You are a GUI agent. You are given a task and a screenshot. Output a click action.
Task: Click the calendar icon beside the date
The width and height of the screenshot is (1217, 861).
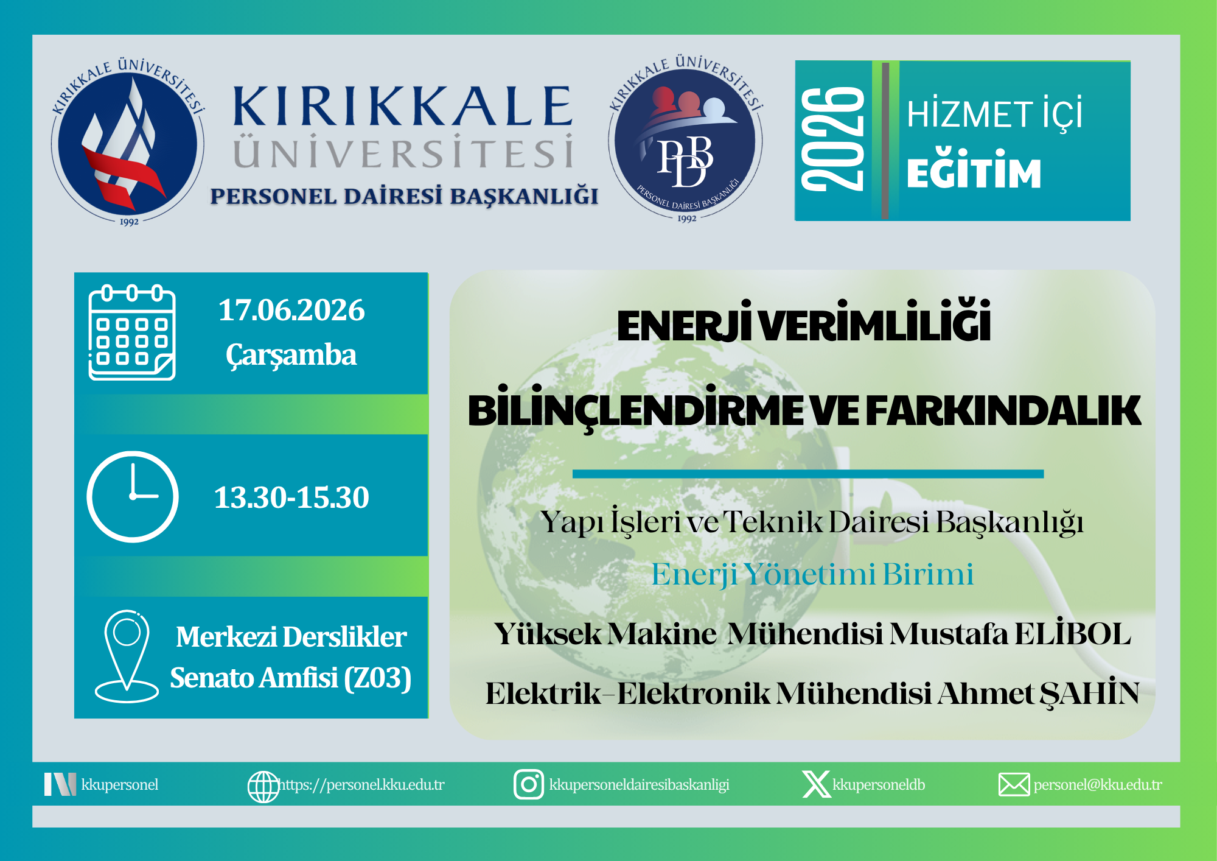pyautogui.click(x=132, y=332)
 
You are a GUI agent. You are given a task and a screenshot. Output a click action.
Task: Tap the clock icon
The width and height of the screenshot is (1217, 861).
pyautogui.click(x=133, y=496)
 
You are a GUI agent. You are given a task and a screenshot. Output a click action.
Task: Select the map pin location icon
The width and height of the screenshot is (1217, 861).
pyautogui.click(x=127, y=656)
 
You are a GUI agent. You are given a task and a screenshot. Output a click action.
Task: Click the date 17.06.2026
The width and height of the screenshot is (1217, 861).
pyautogui.click(x=291, y=310)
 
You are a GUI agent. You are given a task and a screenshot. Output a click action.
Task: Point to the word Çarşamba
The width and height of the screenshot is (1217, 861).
pyautogui.click(x=291, y=355)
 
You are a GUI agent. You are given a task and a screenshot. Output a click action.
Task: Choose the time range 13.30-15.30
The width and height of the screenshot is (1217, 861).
pyautogui.click(x=291, y=497)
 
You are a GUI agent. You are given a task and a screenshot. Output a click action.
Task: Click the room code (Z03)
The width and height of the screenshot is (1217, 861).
pyautogui.click(x=378, y=678)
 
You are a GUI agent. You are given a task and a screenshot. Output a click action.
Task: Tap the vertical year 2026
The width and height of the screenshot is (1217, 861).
pyautogui.click(x=832, y=139)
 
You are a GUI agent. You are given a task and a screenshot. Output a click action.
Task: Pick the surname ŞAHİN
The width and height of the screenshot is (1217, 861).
pyautogui.click(x=1089, y=693)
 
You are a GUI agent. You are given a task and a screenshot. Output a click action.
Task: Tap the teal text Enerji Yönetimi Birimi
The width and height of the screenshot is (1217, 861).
pyautogui.click(x=812, y=574)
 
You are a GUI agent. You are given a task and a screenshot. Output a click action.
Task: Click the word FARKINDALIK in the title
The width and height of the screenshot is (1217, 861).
pyautogui.click(x=1003, y=411)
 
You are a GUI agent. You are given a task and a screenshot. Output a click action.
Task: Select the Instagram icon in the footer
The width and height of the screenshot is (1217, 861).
pyautogui.click(x=529, y=784)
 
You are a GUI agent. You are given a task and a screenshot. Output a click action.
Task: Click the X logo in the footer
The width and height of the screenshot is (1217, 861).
pyautogui.click(x=817, y=784)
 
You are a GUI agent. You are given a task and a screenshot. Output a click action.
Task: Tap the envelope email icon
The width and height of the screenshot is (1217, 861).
pyautogui.click(x=1014, y=784)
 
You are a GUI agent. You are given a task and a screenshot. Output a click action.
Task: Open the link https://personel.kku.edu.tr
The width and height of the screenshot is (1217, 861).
pyautogui.click(x=361, y=785)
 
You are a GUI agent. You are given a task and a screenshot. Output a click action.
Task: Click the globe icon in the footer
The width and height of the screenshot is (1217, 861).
pyautogui.click(x=263, y=787)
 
